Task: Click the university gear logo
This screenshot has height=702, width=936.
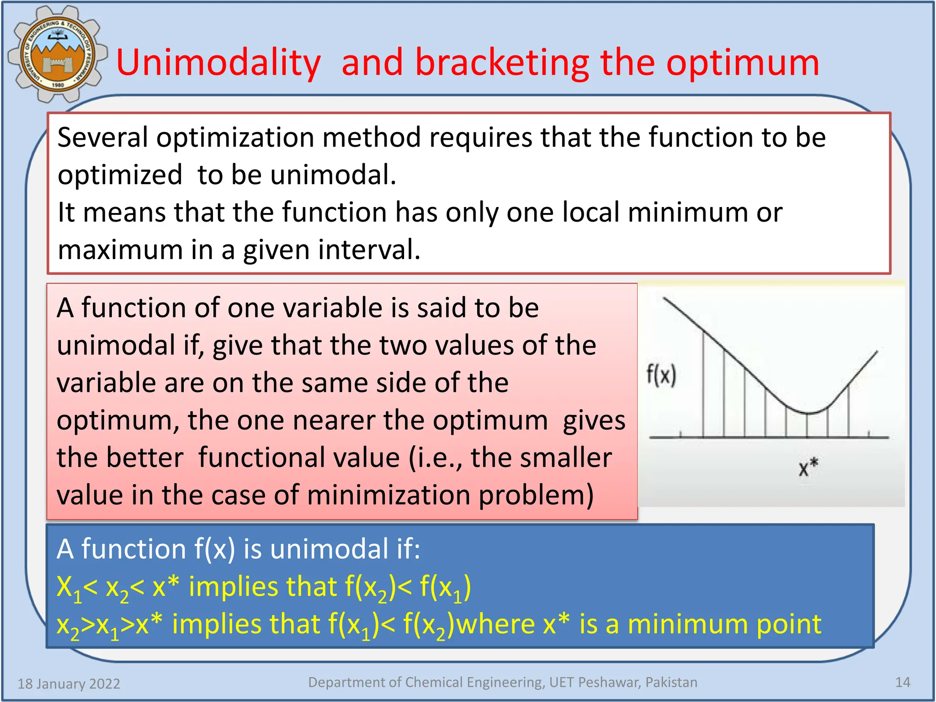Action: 57,54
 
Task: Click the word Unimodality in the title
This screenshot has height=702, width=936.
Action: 218,63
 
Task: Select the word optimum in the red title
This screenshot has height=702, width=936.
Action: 742,63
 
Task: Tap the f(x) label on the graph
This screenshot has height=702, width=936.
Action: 661,376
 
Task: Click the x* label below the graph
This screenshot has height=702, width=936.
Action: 808,468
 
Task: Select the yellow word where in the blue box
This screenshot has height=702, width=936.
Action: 496,624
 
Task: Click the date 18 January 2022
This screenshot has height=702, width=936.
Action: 69,684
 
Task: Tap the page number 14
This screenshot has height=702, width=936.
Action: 902,682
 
